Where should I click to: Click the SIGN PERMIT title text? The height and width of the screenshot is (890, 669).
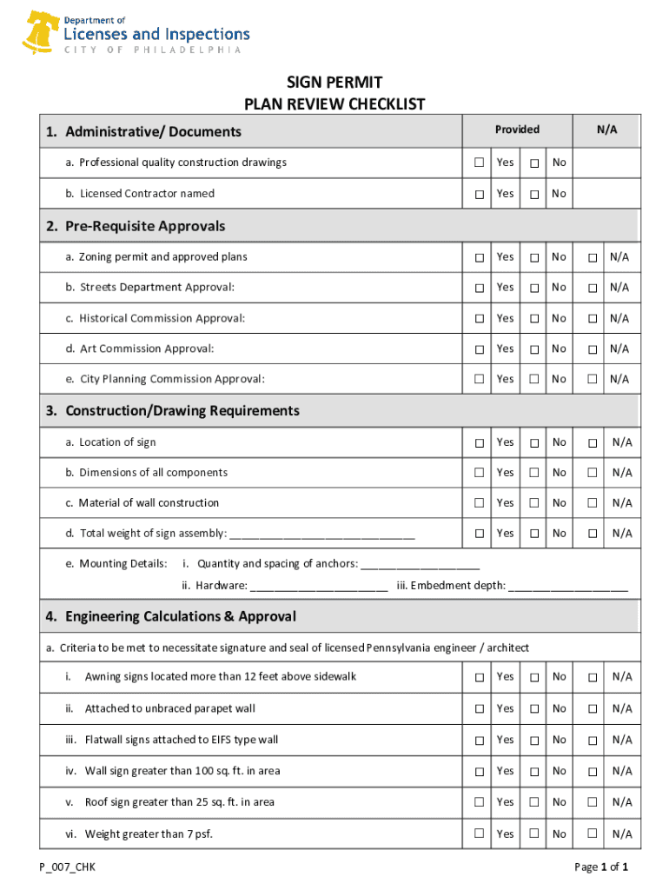click(x=334, y=83)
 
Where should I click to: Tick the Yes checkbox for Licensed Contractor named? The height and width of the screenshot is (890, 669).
click(x=479, y=194)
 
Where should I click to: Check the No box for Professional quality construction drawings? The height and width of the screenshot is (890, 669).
click(x=534, y=163)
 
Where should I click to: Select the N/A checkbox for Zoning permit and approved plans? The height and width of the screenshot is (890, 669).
click(x=592, y=257)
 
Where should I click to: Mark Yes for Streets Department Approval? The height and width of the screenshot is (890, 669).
click(x=479, y=288)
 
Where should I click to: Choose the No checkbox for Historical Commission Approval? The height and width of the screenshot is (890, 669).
click(x=534, y=319)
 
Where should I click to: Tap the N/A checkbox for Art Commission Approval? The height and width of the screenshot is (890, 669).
click(x=592, y=349)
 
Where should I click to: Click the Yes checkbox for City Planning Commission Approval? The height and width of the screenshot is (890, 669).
click(x=479, y=380)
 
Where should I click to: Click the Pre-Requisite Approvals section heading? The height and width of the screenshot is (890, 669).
click(x=136, y=226)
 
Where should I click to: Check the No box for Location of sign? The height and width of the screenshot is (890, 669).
click(x=534, y=443)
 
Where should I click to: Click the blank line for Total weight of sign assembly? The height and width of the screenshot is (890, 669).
click(x=321, y=535)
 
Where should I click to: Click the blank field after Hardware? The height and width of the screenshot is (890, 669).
click(x=319, y=587)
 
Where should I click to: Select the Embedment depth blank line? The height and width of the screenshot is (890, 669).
click(x=568, y=587)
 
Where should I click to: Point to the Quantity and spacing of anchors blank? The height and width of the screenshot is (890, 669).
click(x=421, y=565)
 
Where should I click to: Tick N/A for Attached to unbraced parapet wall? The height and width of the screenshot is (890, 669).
click(x=592, y=709)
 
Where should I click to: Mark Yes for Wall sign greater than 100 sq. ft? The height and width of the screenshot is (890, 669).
click(x=479, y=772)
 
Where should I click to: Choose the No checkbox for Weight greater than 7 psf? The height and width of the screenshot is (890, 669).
click(x=534, y=834)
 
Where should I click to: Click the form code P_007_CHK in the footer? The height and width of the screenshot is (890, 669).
click(x=67, y=867)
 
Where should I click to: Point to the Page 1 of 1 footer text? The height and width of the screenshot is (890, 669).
click(x=600, y=867)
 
